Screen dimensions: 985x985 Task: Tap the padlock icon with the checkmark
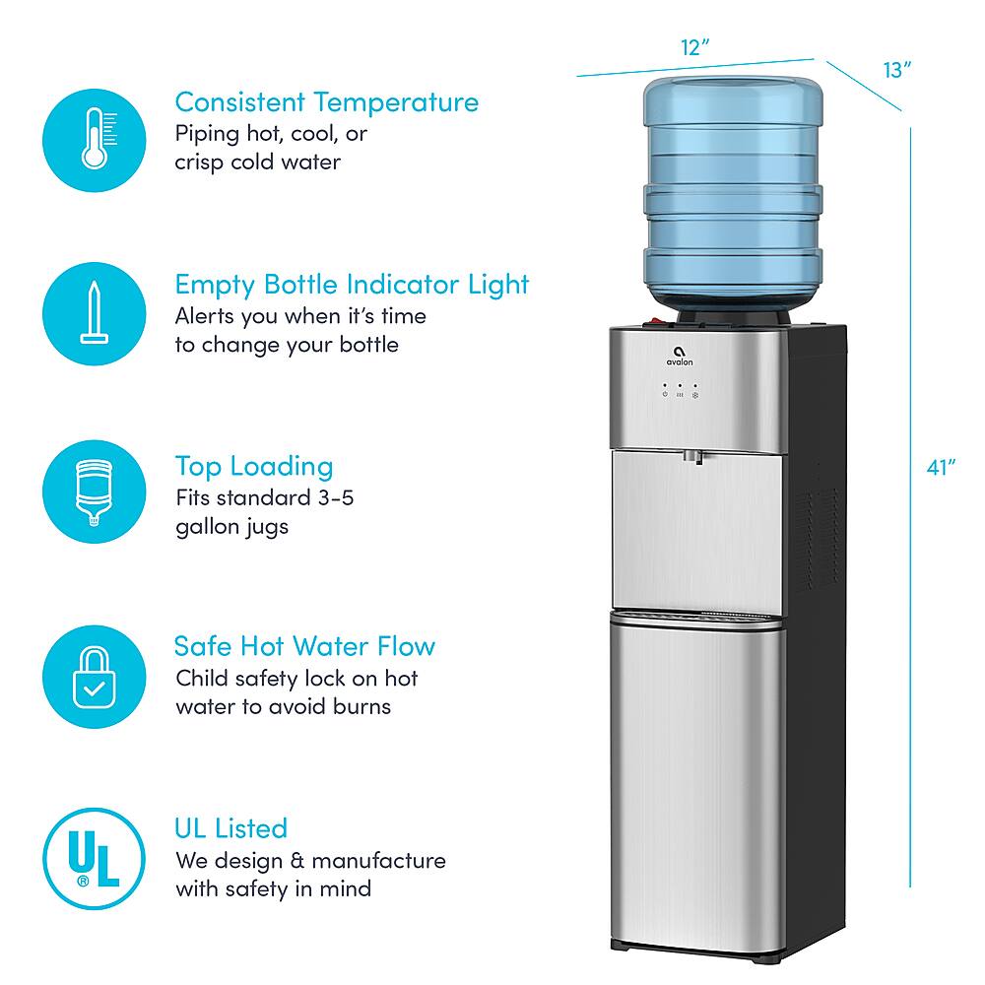[94, 675]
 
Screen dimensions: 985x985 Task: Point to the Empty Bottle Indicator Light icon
[94, 309]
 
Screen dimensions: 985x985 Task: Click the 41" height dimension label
[942, 467]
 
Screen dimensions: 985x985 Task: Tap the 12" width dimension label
[694, 47]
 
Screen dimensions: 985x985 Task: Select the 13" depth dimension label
[895, 70]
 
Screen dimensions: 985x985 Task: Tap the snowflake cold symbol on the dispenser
[694, 395]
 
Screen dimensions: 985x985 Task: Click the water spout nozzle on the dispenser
[696, 457]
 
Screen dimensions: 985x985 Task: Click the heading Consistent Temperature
[326, 101]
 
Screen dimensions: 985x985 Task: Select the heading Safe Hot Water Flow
[304, 646]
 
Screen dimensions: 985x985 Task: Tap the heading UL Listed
[231, 827]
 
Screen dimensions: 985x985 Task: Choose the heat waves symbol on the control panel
[680, 395]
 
